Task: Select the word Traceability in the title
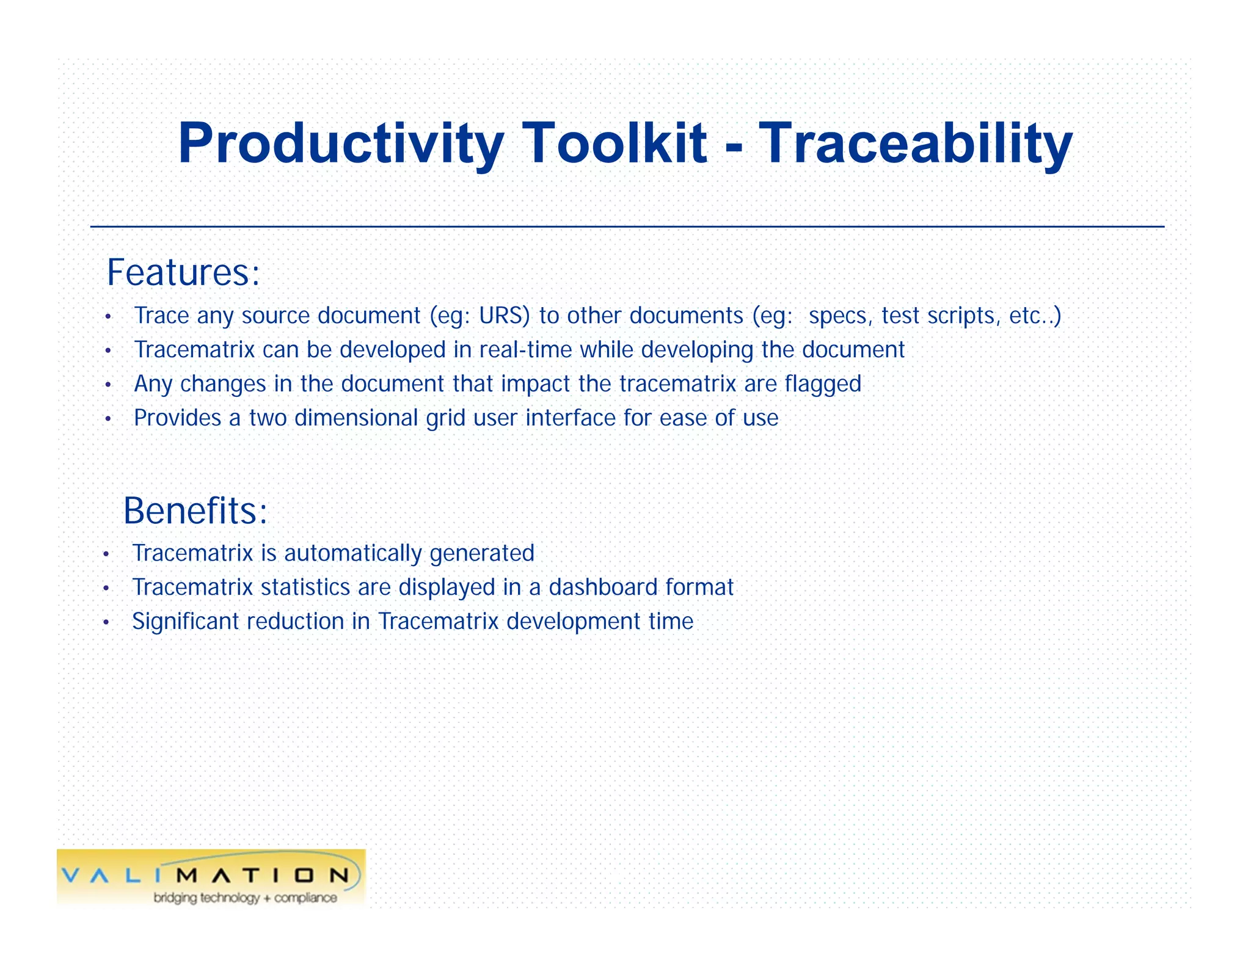point(915,144)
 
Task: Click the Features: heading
point(183,272)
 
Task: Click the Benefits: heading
point(195,510)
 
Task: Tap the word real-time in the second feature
point(525,350)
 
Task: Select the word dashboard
point(603,587)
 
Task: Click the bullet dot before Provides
point(108,419)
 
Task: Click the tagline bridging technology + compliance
point(245,898)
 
